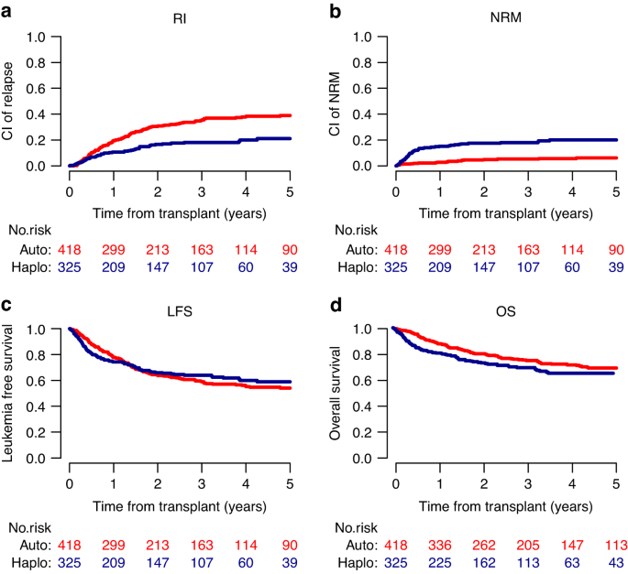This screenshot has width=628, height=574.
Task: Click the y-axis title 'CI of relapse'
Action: [x=12, y=102]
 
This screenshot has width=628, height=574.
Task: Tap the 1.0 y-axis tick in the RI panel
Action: [x=37, y=38]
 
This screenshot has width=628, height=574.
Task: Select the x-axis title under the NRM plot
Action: [x=505, y=213]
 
